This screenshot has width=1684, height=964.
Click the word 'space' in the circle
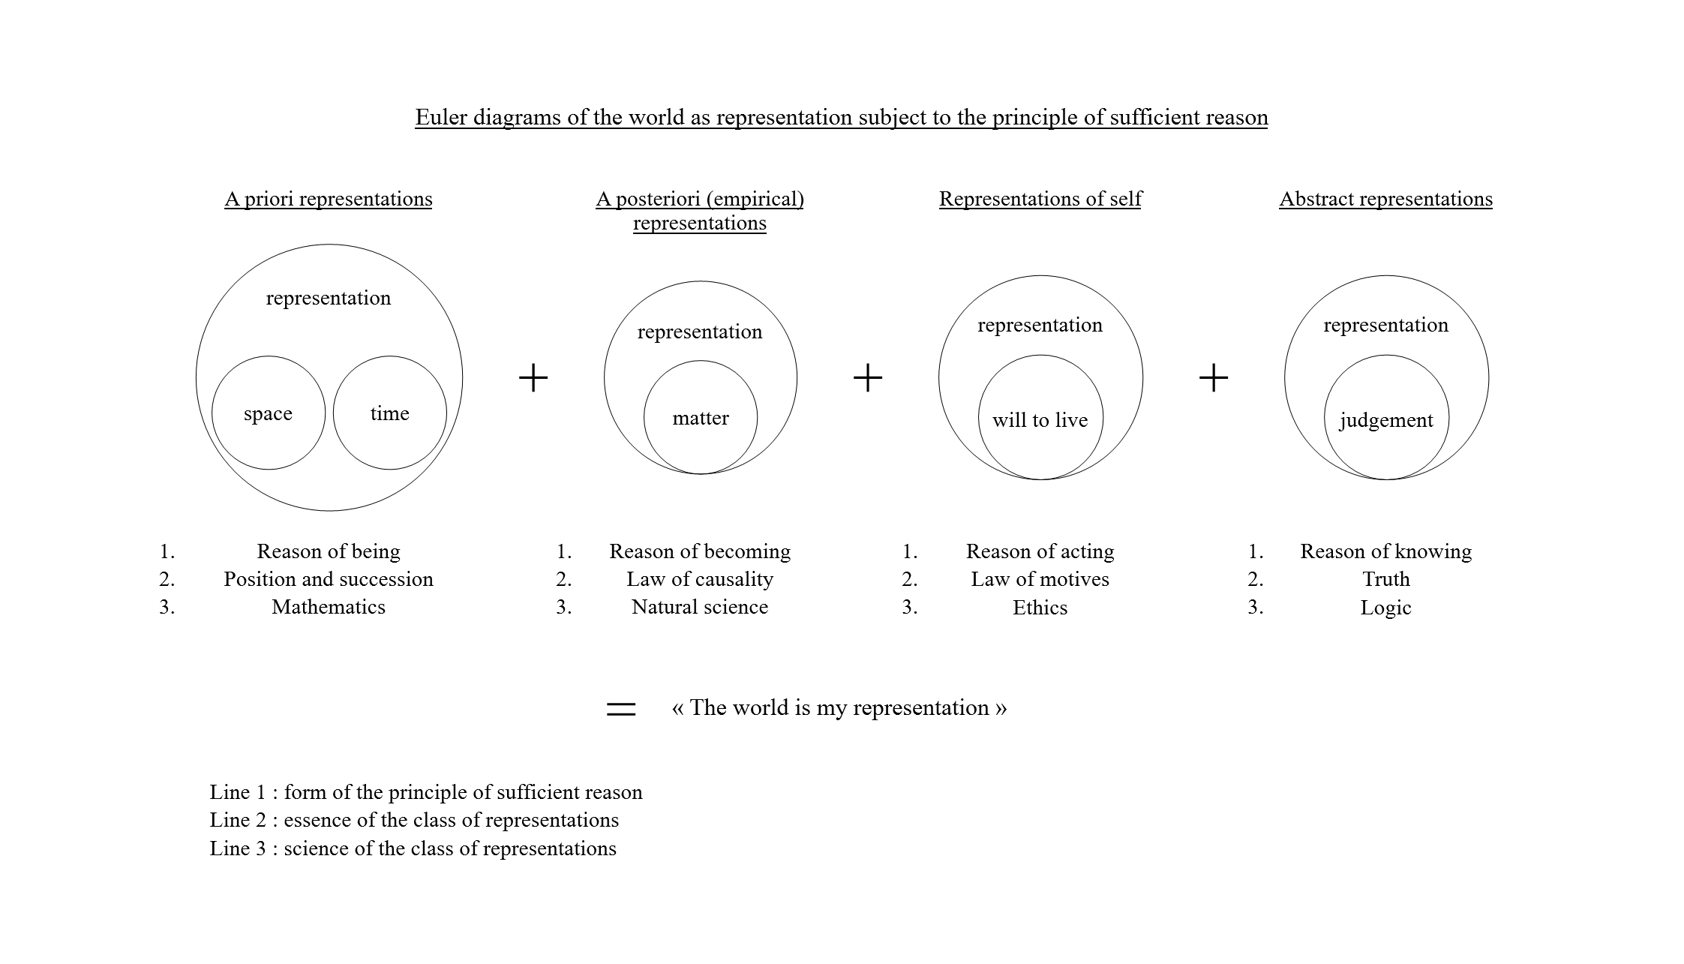pyautogui.click(x=268, y=414)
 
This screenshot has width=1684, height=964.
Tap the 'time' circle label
pyautogui.click(x=389, y=413)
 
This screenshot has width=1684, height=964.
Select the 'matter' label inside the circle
pyautogui.click(x=701, y=418)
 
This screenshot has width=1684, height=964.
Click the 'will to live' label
pyautogui.click(x=1040, y=420)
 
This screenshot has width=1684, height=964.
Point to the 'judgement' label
pyautogui.click(x=1386, y=420)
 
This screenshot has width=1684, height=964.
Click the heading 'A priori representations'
pyautogui.click(x=329, y=199)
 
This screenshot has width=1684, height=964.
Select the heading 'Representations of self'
pyautogui.click(x=1040, y=199)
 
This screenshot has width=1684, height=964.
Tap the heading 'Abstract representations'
pyautogui.click(x=1386, y=199)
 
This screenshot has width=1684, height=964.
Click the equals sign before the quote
pyautogui.click(x=621, y=709)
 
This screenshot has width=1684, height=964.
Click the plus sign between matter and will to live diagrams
pyautogui.click(x=868, y=377)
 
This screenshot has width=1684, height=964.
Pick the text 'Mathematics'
pyautogui.click(x=329, y=607)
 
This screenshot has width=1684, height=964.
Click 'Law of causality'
pyautogui.click(x=700, y=579)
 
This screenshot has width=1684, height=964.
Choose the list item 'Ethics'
pyautogui.click(x=1040, y=608)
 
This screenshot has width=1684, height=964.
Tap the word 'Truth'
pyautogui.click(x=1386, y=579)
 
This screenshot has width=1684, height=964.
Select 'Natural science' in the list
pyautogui.click(x=700, y=607)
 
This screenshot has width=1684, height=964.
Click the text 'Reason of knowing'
pyautogui.click(x=1386, y=551)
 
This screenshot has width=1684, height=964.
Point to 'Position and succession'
pyautogui.click(x=329, y=579)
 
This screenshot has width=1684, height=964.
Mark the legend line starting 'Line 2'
pyautogui.click(x=414, y=820)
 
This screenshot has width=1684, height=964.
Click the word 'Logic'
pyautogui.click(x=1386, y=608)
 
